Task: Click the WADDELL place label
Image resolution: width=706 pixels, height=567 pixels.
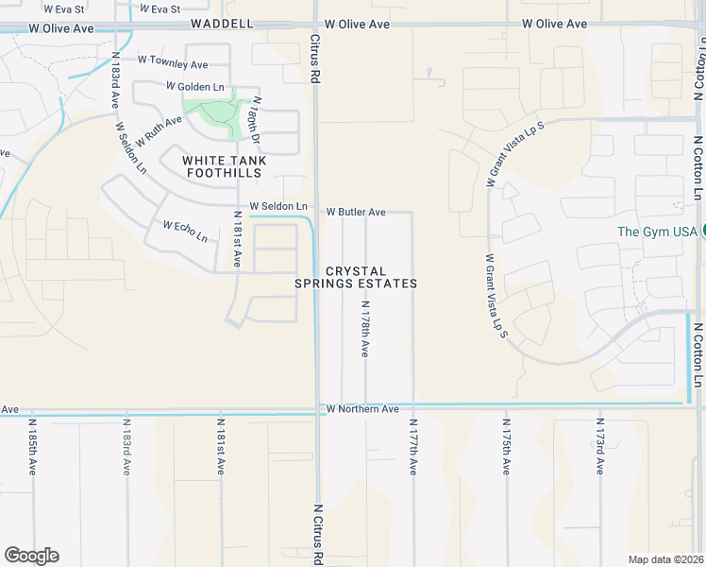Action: pyautogui.click(x=223, y=22)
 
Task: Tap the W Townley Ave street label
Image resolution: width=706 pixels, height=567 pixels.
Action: pyautogui.click(x=173, y=64)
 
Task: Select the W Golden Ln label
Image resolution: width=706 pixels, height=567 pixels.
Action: pyautogui.click(x=195, y=86)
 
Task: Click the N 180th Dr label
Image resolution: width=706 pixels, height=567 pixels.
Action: pyautogui.click(x=255, y=118)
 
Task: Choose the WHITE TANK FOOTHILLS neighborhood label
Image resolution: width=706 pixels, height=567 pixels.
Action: pyautogui.click(x=225, y=167)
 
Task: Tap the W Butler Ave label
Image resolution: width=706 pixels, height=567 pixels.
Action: pyautogui.click(x=356, y=213)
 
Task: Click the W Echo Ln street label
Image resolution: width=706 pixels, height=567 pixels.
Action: pyautogui.click(x=185, y=231)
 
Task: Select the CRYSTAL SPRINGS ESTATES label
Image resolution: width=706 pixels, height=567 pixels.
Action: pyautogui.click(x=357, y=277)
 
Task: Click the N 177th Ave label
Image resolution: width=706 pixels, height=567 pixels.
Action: pyautogui.click(x=412, y=447)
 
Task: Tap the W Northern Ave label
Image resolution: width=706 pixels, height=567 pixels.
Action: pyautogui.click(x=363, y=409)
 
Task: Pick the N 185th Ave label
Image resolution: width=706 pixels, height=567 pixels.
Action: pyautogui.click(x=32, y=447)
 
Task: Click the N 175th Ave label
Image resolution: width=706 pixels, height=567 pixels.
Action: pyautogui.click(x=506, y=447)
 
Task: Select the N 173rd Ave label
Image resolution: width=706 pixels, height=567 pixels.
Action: pyautogui.click(x=599, y=447)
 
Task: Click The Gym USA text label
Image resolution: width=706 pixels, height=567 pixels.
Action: pyautogui.click(x=657, y=232)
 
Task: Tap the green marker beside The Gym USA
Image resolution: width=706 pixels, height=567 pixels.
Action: pyautogui.click(x=702, y=231)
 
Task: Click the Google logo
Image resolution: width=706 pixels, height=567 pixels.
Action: pyautogui.click(x=31, y=556)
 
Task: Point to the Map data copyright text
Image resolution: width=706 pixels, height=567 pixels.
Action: pyautogui.click(x=665, y=559)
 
